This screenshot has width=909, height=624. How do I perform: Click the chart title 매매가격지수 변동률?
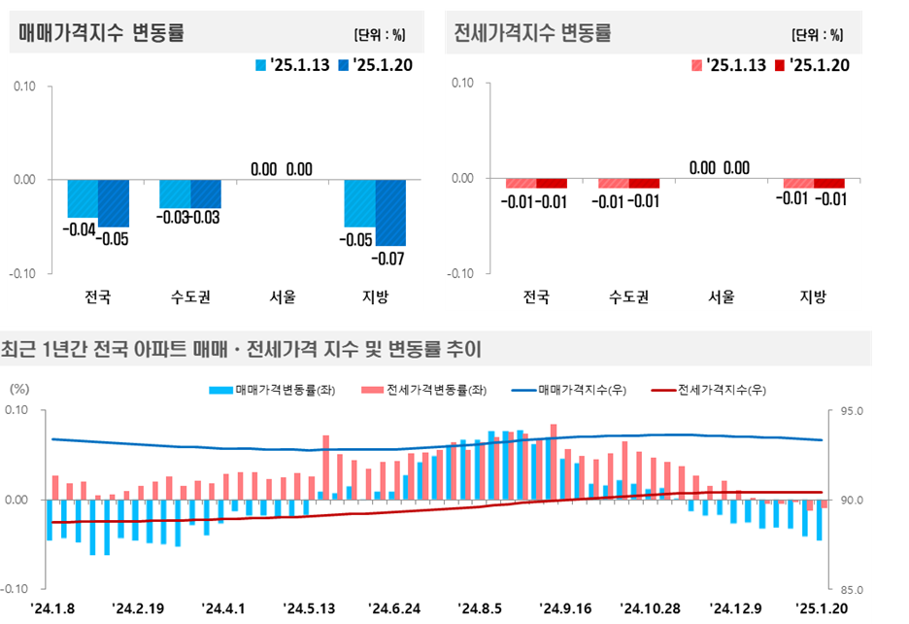click(x=102, y=33)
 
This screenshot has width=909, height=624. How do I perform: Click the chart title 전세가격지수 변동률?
click(x=532, y=33)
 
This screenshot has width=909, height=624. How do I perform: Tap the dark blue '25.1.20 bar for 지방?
click(x=390, y=212)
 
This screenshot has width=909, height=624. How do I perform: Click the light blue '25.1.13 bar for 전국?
click(x=83, y=198)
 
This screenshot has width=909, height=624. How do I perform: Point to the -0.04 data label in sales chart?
click(x=77, y=230)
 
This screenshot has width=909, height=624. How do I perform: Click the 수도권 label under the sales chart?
click(x=190, y=295)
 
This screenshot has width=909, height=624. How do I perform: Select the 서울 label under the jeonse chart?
click(x=721, y=295)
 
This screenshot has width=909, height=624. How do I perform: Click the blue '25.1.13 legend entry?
click(x=292, y=65)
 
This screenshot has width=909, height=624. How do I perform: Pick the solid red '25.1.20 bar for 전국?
click(x=552, y=184)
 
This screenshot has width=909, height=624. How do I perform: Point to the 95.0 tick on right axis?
click(x=849, y=411)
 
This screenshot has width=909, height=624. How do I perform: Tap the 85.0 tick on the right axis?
click(x=849, y=589)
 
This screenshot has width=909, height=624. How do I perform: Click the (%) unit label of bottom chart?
click(x=19, y=388)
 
